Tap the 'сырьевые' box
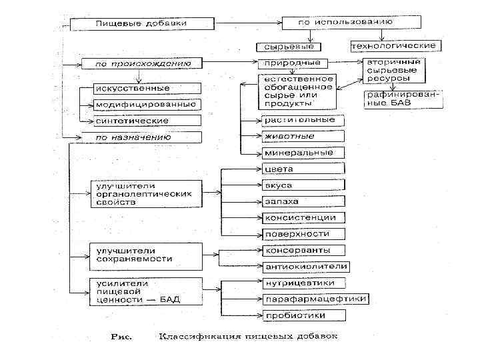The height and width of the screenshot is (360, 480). [287, 47]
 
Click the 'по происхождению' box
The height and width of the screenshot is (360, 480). [140, 64]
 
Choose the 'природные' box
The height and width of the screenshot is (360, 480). [293, 63]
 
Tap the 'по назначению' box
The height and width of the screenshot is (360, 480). [140, 137]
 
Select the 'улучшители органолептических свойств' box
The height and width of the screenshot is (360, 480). [145, 193]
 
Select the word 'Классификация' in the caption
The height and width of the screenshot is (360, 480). [191, 335]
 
